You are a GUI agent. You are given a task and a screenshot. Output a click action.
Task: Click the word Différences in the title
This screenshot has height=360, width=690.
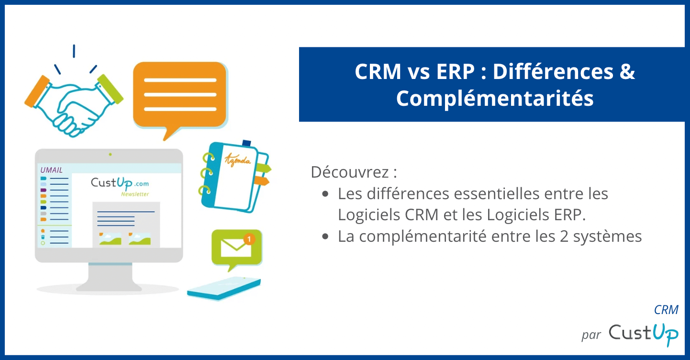pyautogui.click(x=553, y=72)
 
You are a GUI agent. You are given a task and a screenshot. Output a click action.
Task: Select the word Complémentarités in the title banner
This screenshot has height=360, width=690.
pyautogui.click(x=494, y=99)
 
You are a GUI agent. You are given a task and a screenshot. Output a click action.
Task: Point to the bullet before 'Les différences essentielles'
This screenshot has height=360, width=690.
pyautogui.click(x=326, y=194)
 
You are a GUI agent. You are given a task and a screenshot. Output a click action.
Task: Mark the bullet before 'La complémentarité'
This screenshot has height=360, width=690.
pyautogui.click(x=326, y=236)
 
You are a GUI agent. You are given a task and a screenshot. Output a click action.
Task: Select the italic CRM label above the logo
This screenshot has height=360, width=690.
pyautogui.click(x=666, y=310)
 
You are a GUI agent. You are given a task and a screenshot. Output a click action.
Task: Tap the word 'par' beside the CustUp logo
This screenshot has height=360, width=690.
pyautogui.click(x=591, y=335)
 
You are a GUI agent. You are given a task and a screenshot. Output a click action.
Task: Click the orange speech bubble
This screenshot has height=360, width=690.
pyautogui.click(x=179, y=96)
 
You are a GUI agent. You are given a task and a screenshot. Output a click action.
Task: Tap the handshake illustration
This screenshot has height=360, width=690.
pyautogui.click(x=74, y=103)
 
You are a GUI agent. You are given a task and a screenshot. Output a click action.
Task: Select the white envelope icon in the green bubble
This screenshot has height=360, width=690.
pyautogui.click(x=235, y=247)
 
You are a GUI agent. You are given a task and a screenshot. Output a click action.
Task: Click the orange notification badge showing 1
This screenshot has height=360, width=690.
pyautogui.click(x=249, y=238)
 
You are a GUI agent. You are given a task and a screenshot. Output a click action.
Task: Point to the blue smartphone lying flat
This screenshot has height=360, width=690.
pyautogui.click(x=224, y=288)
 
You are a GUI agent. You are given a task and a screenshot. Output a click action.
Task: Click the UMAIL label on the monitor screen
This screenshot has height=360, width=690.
pyautogui.click(x=52, y=170)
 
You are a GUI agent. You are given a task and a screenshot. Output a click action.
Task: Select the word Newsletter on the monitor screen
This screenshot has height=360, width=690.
pyautogui.click(x=134, y=194)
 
